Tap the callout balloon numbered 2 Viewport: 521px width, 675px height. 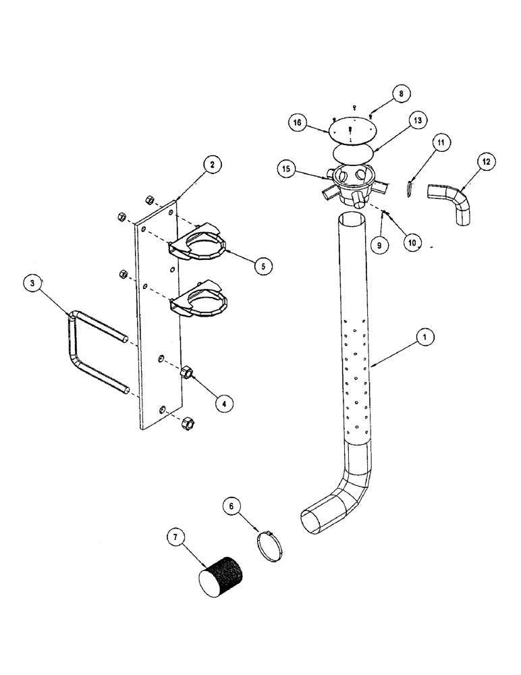click(211, 163)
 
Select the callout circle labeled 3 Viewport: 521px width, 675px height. click(32, 283)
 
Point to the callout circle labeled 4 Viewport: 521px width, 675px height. click(225, 403)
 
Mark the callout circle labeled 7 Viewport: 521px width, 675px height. click(175, 538)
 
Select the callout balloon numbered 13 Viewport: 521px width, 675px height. click(418, 120)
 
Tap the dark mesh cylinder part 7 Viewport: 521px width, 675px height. click(221, 576)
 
